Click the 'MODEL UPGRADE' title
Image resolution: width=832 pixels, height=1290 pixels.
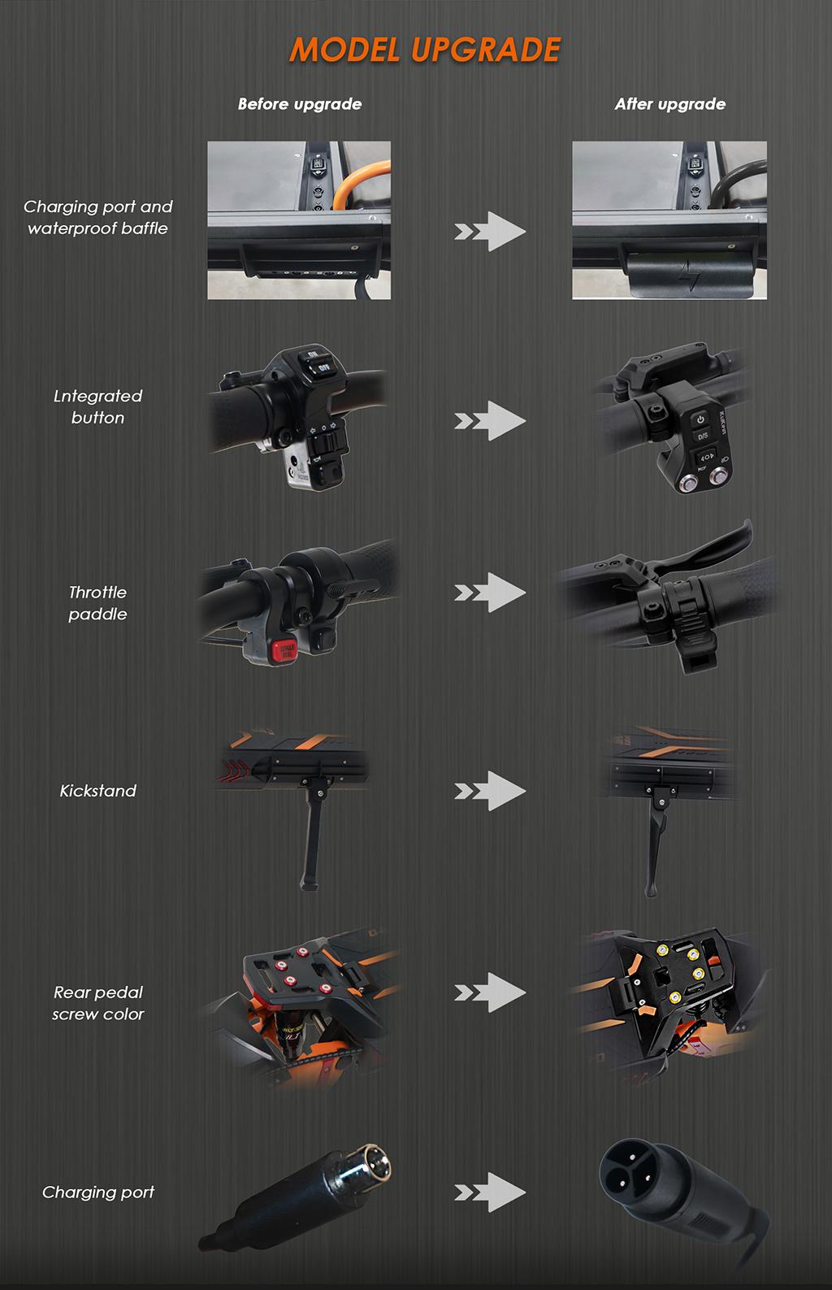click(425, 50)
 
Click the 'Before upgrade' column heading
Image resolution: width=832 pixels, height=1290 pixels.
click(299, 104)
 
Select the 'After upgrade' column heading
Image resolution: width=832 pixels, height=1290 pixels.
click(669, 104)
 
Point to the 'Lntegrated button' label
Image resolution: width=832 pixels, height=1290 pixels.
click(97, 406)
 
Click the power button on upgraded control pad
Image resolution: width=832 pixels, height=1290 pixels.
click(700, 419)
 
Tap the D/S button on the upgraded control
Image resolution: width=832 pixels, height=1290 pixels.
click(702, 437)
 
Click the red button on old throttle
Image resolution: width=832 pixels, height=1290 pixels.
click(284, 649)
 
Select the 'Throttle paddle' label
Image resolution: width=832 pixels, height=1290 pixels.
click(97, 603)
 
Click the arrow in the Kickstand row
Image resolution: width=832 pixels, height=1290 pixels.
click(490, 791)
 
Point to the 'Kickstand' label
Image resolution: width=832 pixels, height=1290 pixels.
click(97, 791)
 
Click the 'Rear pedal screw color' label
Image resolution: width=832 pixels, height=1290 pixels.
click(97, 1003)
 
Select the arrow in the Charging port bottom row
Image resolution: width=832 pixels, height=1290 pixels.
click(490, 1192)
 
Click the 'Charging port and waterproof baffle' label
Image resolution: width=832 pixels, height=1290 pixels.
click(97, 218)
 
